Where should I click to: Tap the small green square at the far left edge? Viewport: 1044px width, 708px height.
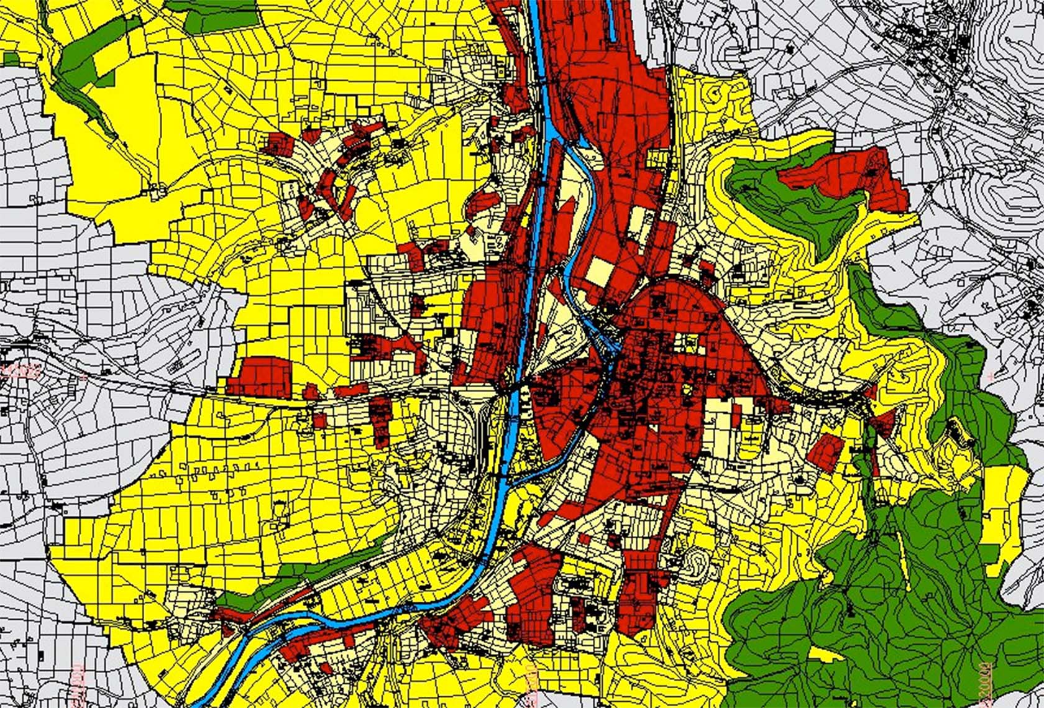click(x=11, y=59)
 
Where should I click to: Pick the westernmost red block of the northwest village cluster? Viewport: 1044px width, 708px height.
click(x=277, y=144)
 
